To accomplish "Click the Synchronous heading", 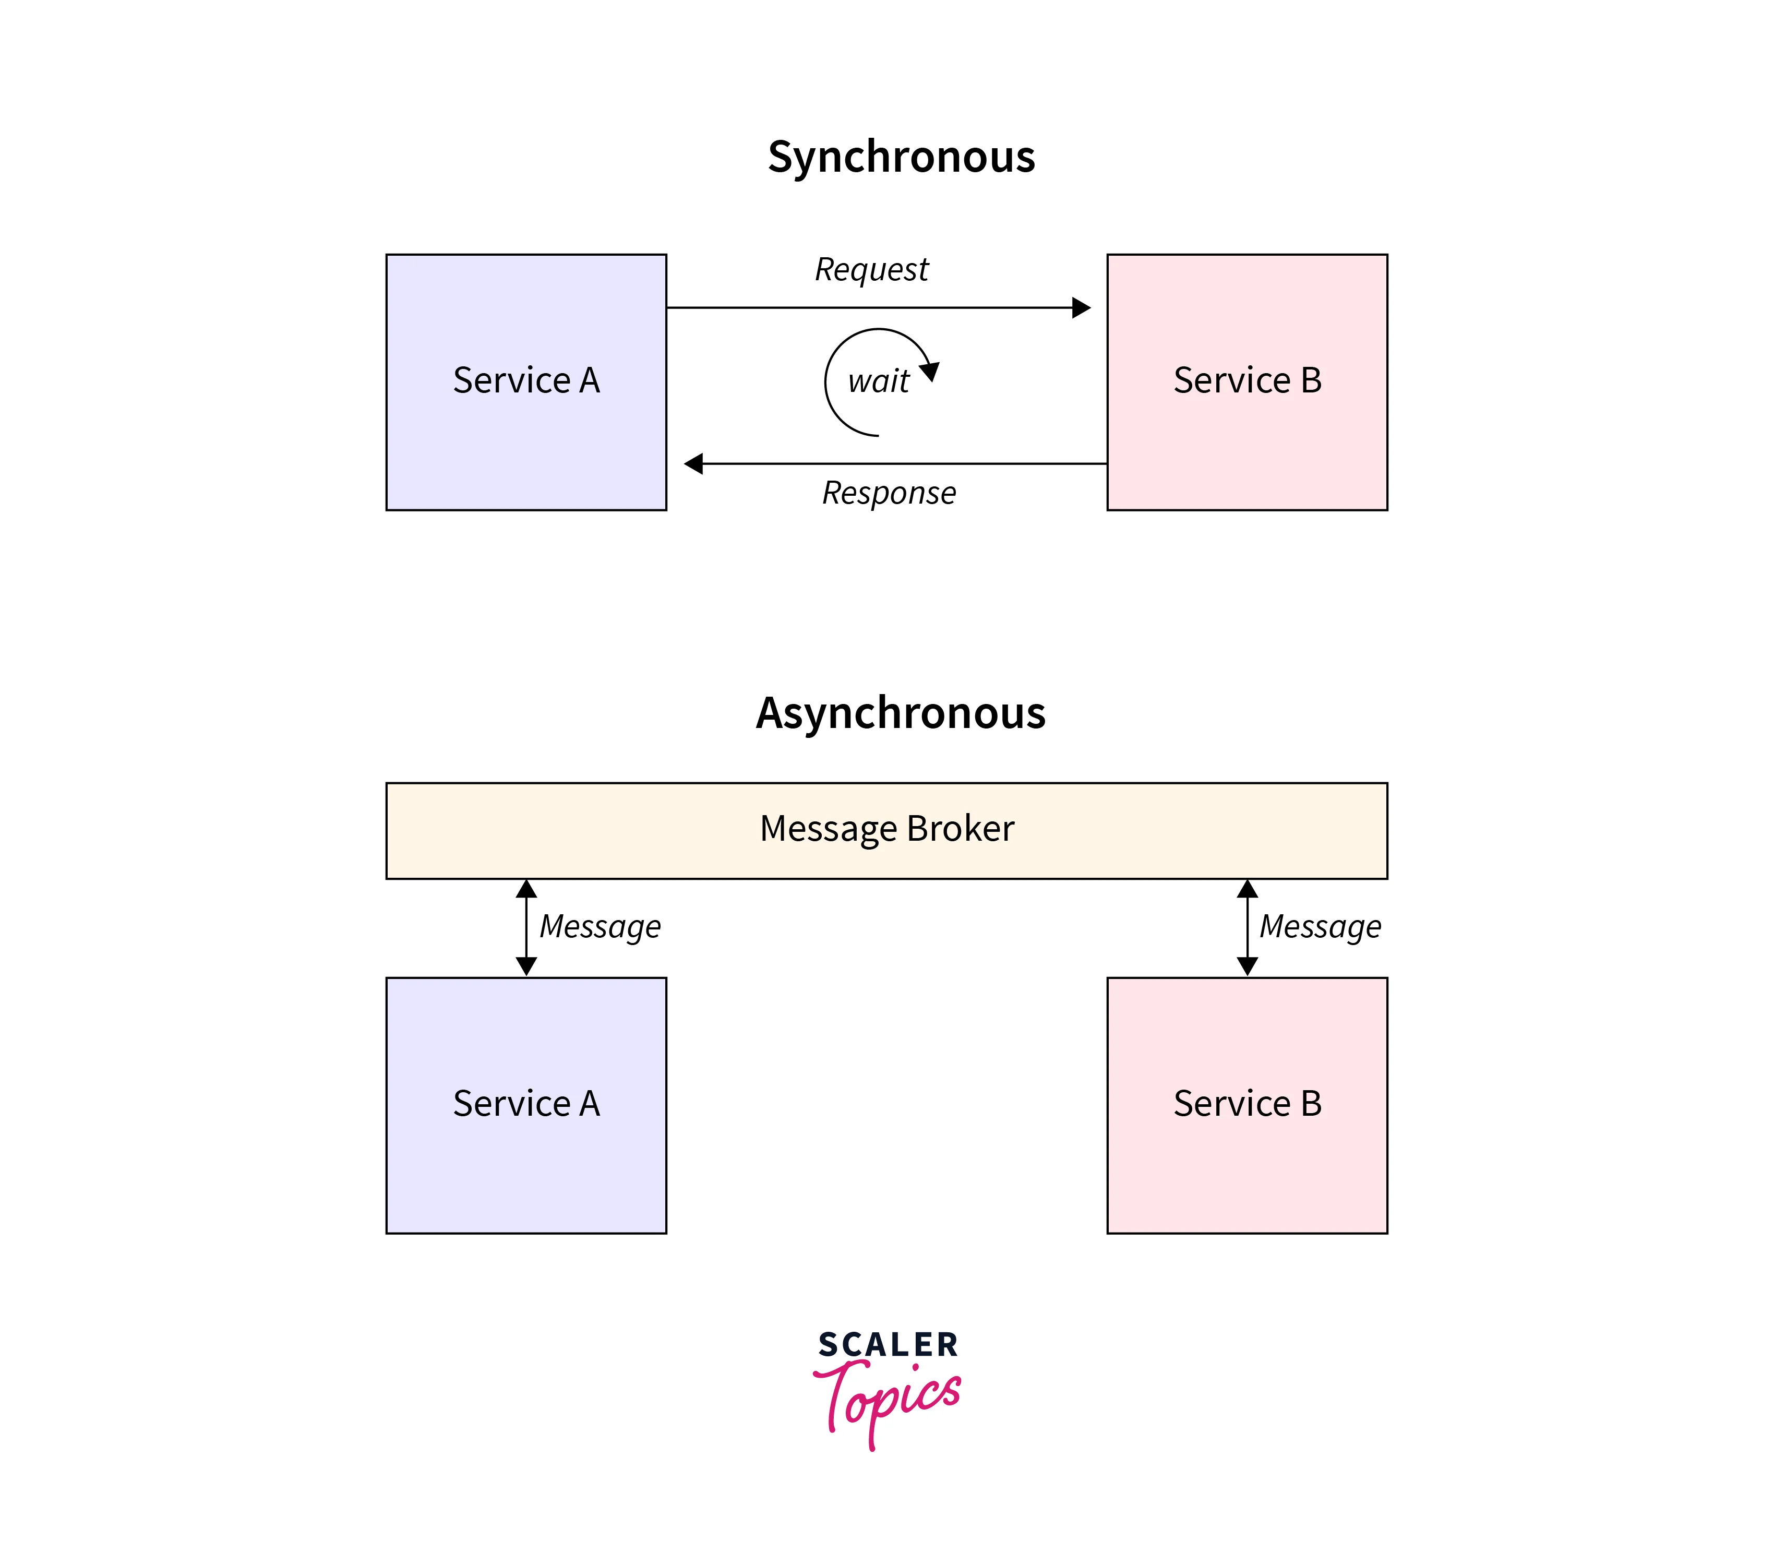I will coord(901,157).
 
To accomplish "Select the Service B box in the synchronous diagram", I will coord(1246,382).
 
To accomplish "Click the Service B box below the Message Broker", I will coord(1246,1105).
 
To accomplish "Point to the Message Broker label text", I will coord(886,829).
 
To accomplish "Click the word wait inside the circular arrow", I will coord(878,381).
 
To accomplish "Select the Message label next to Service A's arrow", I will coord(600,927).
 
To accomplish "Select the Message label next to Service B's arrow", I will coord(1320,927).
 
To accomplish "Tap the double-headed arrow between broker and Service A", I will coord(526,927).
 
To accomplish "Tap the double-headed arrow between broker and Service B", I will coord(1246,927).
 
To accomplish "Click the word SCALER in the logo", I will coord(888,1345).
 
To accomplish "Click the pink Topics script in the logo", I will coord(888,1399).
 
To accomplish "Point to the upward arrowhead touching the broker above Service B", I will coord(1246,889).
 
